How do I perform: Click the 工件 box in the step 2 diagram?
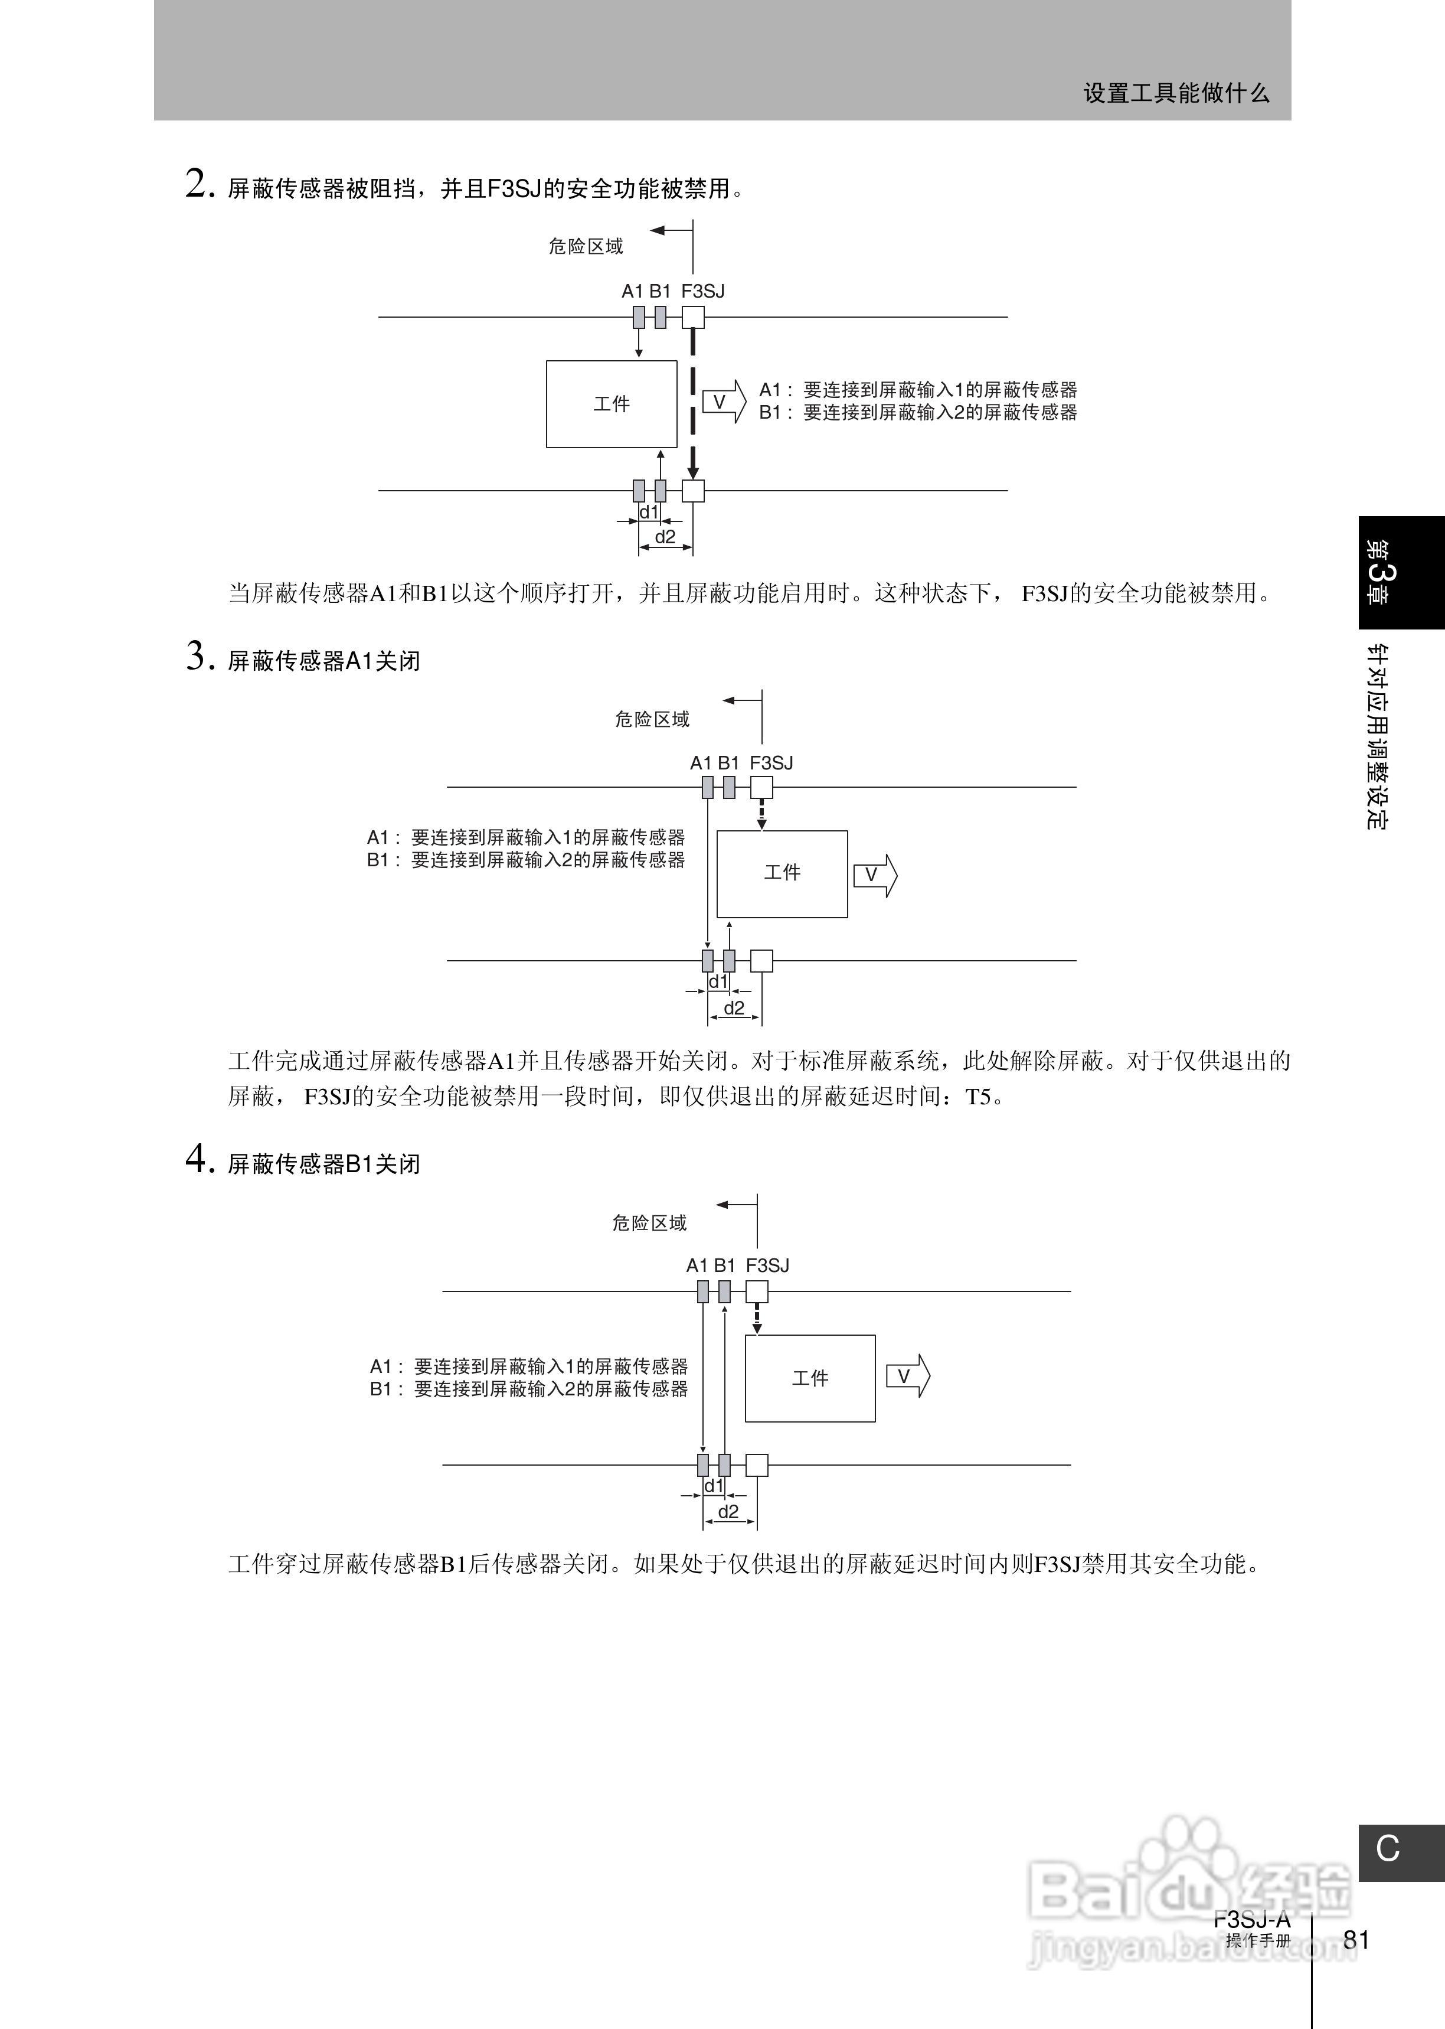click(x=612, y=404)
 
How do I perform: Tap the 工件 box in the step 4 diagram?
click(x=810, y=1378)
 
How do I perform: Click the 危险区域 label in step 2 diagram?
click(x=586, y=246)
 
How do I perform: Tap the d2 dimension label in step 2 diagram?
click(x=665, y=537)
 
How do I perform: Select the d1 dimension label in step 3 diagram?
click(x=717, y=981)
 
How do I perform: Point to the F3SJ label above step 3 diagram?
click(x=771, y=763)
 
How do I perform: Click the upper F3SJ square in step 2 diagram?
click(x=693, y=317)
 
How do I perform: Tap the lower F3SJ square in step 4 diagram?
click(x=756, y=1465)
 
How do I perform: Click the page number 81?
click(x=1356, y=1939)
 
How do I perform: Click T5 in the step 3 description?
click(x=978, y=1097)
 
